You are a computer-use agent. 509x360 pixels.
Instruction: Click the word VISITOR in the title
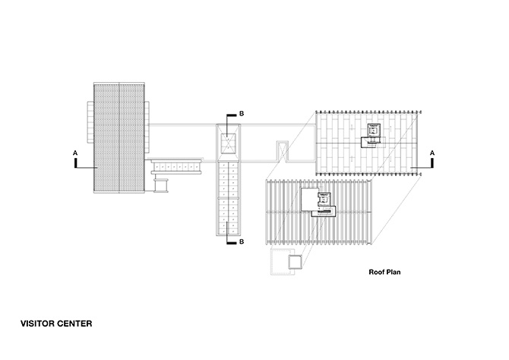click(x=37, y=324)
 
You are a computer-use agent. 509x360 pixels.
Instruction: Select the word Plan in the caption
click(x=394, y=272)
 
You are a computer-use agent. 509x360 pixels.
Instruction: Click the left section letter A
click(x=75, y=153)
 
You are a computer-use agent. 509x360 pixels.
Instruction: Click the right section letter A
click(x=432, y=153)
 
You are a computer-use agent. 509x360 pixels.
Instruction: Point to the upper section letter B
click(x=242, y=114)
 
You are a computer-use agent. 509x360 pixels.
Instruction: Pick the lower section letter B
click(x=242, y=242)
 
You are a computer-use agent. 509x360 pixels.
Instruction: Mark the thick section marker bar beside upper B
click(x=232, y=115)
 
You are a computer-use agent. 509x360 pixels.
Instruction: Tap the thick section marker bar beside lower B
click(x=232, y=242)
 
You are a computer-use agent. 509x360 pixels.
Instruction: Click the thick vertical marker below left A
click(x=76, y=163)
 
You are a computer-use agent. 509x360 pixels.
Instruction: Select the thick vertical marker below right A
click(x=432, y=163)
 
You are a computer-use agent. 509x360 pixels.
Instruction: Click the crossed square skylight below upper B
click(x=228, y=143)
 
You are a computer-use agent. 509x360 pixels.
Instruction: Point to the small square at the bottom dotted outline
click(x=296, y=262)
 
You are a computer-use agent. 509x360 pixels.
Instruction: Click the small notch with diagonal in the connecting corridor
click(x=282, y=151)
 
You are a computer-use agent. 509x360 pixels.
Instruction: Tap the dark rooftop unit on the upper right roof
click(x=373, y=136)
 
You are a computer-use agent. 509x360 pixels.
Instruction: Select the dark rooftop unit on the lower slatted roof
click(x=324, y=205)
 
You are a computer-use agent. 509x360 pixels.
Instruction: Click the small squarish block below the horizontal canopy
click(x=161, y=185)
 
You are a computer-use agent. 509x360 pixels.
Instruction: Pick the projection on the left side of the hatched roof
click(x=90, y=122)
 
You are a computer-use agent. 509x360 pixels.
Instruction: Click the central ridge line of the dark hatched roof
click(x=119, y=138)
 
